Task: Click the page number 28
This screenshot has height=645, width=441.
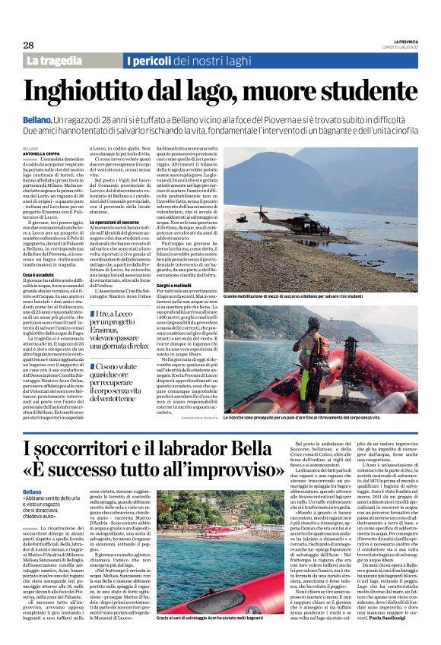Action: coord(28,45)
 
